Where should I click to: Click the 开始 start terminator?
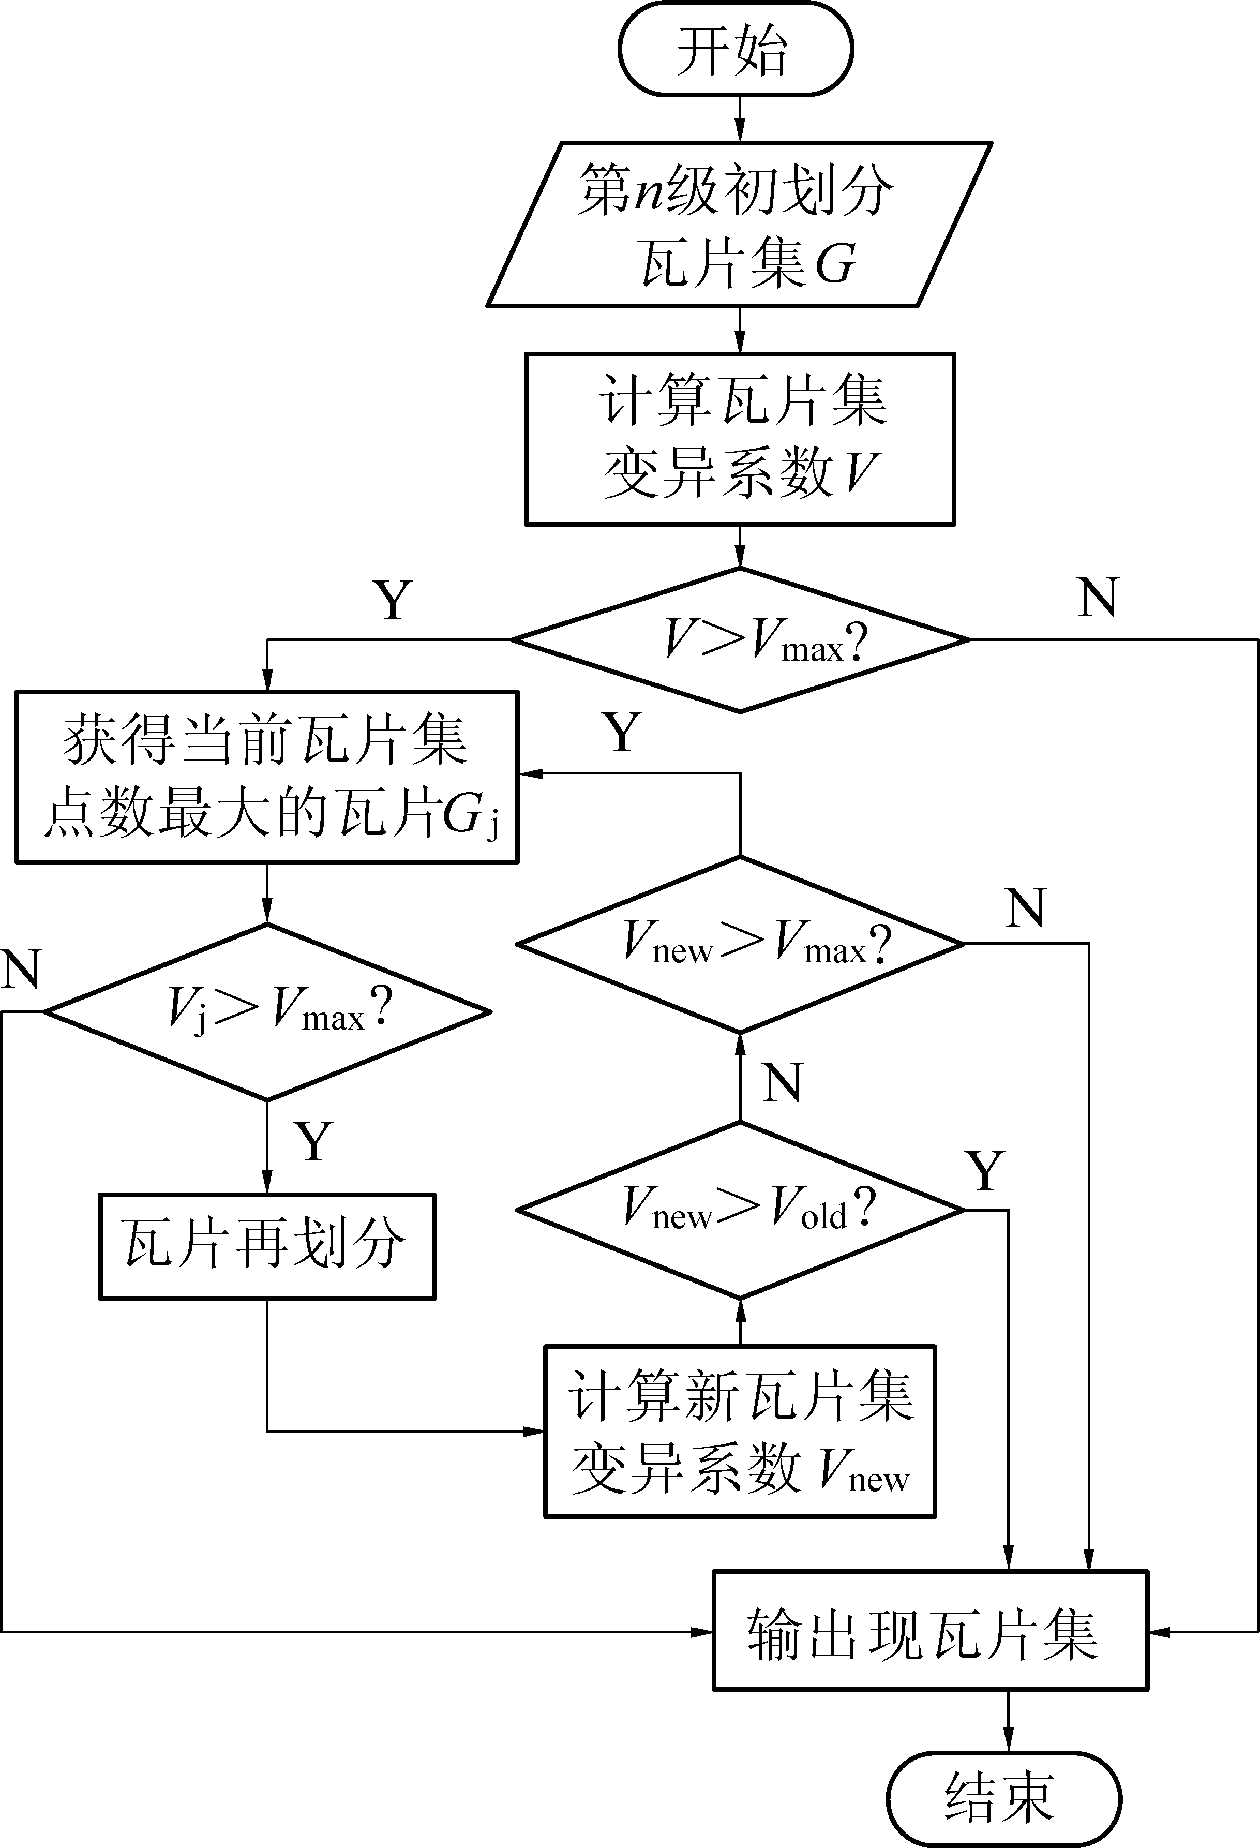coord(736,49)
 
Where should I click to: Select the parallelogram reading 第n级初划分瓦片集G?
coord(739,224)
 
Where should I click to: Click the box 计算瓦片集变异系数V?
coord(739,439)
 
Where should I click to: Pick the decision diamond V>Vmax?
coord(739,639)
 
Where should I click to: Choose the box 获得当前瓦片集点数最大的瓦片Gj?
coord(267,776)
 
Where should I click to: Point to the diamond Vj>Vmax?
coord(267,1011)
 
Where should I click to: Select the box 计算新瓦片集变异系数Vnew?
coord(739,1432)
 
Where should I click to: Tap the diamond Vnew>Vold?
coord(739,1210)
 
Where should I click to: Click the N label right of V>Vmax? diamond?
coord(1098,597)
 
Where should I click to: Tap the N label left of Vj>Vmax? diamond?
coord(21,968)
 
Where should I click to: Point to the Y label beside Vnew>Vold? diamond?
coord(986,1170)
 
